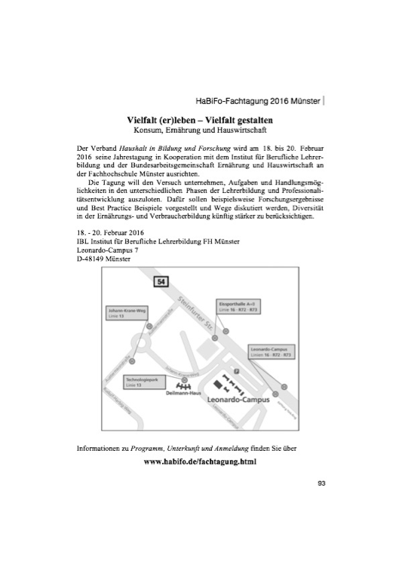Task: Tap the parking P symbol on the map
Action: pyautogui.click(x=236, y=372)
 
